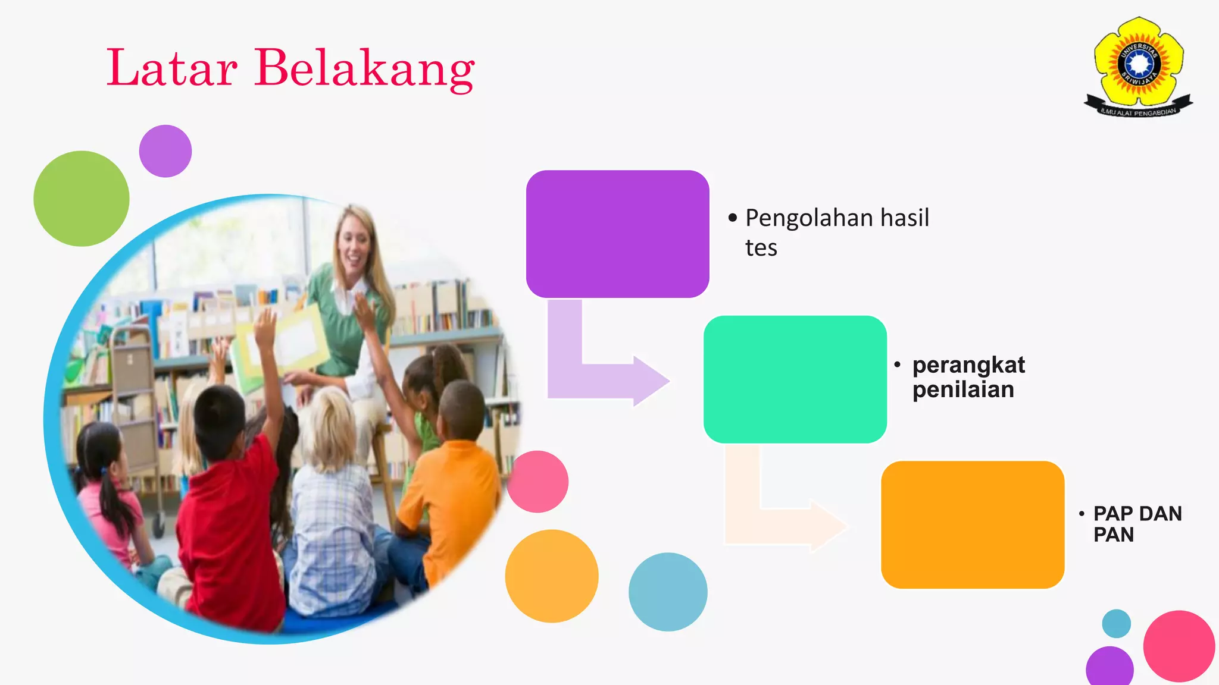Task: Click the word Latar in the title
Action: click(x=172, y=68)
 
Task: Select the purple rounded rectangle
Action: click(x=617, y=234)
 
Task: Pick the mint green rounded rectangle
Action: click(x=795, y=379)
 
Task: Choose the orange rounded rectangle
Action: click(x=972, y=524)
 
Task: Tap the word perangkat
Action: click(x=968, y=365)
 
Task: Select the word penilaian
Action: click(x=963, y=390)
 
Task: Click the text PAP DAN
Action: click(x=1137, y=514)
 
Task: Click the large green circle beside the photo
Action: click(x=82, y=199)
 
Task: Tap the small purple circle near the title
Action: click(x=165, y=151)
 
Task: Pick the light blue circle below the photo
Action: click(x=668, y=592)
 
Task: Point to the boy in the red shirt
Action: click(x=229, y=505)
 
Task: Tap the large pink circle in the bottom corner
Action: click(x=1179, y=646)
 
